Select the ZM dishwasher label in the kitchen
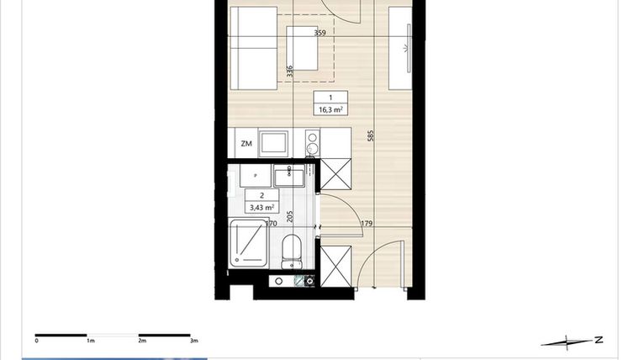246,144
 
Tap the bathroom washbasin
290,177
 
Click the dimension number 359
319,34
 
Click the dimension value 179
367,224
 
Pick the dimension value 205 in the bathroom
290,216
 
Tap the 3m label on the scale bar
193,341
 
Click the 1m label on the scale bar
89,341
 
